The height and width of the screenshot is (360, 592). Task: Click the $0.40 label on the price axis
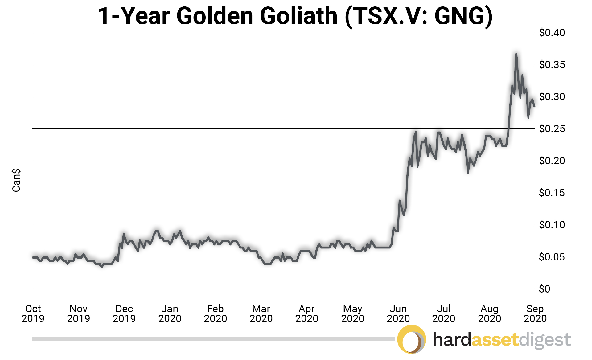click(x=552, y=32)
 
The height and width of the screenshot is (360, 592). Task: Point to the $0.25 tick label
click(x=552, y=129)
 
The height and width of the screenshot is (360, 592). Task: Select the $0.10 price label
click(x=552, y=225)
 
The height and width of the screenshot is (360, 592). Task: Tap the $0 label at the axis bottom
click(x=544, y=289)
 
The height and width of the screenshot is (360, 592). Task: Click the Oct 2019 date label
click(x=33, y=313)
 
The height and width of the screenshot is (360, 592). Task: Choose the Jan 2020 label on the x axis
click(x=170, y=313)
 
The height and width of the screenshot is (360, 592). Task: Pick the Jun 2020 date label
click(x=398, y=313)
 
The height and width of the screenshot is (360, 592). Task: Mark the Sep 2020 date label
click(x=535, y=313)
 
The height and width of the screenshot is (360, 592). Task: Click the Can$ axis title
click(x=16, y=180)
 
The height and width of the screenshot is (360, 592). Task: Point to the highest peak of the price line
click(x=516, y=54)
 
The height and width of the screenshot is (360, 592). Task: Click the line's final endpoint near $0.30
click(x=534, y=106)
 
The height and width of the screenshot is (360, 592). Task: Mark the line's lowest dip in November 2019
click(x=101, y=267)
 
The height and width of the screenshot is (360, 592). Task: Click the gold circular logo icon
click(x=411, y=339)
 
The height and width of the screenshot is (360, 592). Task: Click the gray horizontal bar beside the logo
click(x=213, y=339)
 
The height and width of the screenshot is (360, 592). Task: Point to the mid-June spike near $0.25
click(x=415, y=132)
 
